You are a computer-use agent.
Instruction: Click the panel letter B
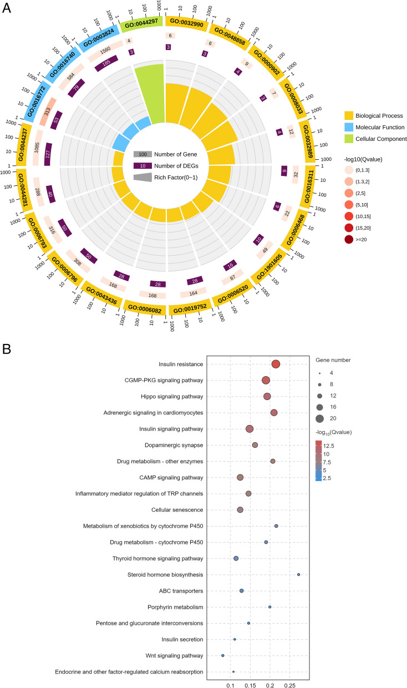click(6, 349)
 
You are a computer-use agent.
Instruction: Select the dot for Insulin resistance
click(276, 364)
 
